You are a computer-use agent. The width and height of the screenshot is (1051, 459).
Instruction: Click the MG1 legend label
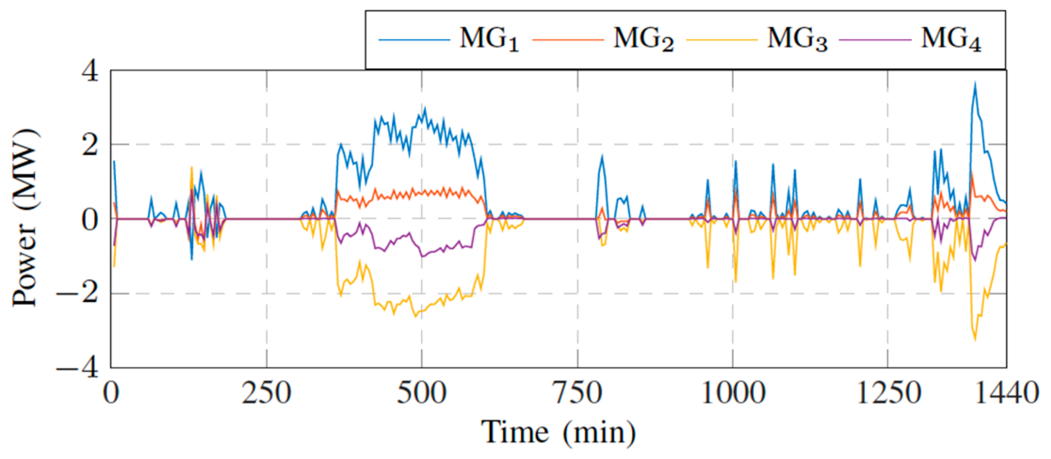click(x=489, y=40)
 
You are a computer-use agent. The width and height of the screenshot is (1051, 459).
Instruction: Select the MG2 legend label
click(x=643, y=40)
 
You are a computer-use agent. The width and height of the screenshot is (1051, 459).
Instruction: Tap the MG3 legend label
click(x=797, y=40)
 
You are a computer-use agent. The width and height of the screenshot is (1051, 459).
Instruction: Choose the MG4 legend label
click(x=951, y=40)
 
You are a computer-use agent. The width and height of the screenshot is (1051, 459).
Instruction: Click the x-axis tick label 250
click(x=267, y=393)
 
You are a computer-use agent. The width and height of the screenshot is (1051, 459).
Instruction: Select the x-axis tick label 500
click(x=421, y=393)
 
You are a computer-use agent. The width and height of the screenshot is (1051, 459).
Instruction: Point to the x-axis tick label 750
click(x=577, y=393)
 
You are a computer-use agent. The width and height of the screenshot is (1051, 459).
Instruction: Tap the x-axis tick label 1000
click(x=733, y=393)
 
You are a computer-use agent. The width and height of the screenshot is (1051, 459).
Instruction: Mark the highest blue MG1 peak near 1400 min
click(x=975, y=83)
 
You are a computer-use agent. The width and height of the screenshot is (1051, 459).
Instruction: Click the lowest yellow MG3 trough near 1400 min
click(x=975, y=340)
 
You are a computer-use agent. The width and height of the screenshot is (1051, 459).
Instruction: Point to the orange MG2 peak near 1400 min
click(x=972, y=173)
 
